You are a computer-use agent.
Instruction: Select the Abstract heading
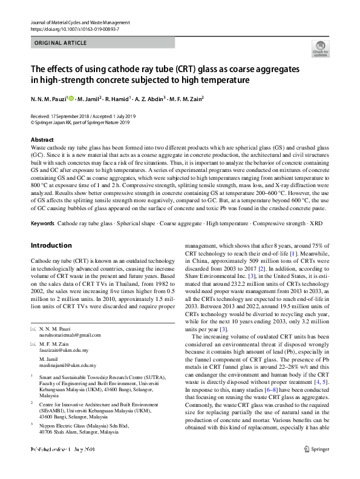point(42,139)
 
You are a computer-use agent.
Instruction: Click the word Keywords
point(43,223)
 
